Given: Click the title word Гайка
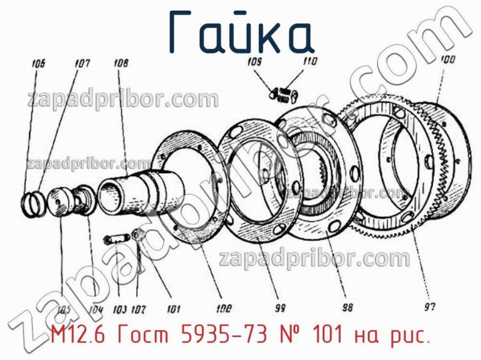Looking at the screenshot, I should [x=240, y=31].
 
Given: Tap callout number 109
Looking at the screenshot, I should [x=254, y=61].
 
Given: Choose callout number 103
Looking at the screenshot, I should [x=119, y=310].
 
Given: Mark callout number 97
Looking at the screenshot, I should [x=429, y=307].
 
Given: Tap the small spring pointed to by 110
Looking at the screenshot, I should [x=288, y=93].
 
